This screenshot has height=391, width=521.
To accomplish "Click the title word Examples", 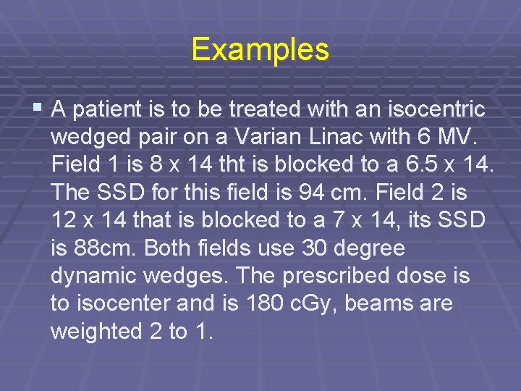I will tap(260, 49).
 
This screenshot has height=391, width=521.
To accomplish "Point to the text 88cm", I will tap(93, 248).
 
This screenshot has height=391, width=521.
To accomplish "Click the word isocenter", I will tap(130, 304).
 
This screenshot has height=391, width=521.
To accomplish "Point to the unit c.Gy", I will tap(316, 304).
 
